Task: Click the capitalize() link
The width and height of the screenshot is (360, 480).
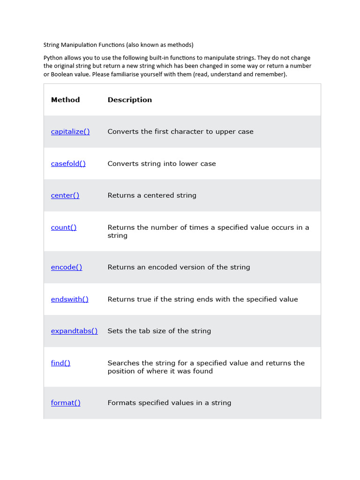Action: [x=70, y=132]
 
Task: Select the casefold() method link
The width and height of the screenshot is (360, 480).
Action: [x=68, y=164]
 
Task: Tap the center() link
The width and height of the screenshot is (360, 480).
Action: [x=65, y=195]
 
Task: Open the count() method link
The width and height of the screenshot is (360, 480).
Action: [x=64, y=227]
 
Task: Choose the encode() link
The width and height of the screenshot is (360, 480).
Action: [x=67, y=267]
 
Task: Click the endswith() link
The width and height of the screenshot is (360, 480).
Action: [x=69, y=299]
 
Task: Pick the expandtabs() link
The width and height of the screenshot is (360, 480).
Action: [x=74, y=331]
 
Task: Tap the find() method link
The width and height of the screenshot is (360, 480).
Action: [x=60, y=363]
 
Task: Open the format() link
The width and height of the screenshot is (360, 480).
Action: [x=66, y=403]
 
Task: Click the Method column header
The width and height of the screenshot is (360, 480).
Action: [x=65, y=100]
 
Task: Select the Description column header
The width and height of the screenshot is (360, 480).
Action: [x=130, y=100]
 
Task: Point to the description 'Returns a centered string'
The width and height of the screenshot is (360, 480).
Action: [x=152, y=195]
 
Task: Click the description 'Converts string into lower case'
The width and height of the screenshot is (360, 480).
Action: [x=162, y=164]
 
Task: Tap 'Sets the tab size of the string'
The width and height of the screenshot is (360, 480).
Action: [x=159, y=331]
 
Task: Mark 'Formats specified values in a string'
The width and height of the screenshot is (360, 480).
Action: [x=169, y=403]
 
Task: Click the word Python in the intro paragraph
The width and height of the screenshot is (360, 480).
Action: [x=53, y=58]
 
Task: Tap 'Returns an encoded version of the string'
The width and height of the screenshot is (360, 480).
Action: [x=179, y=267]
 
